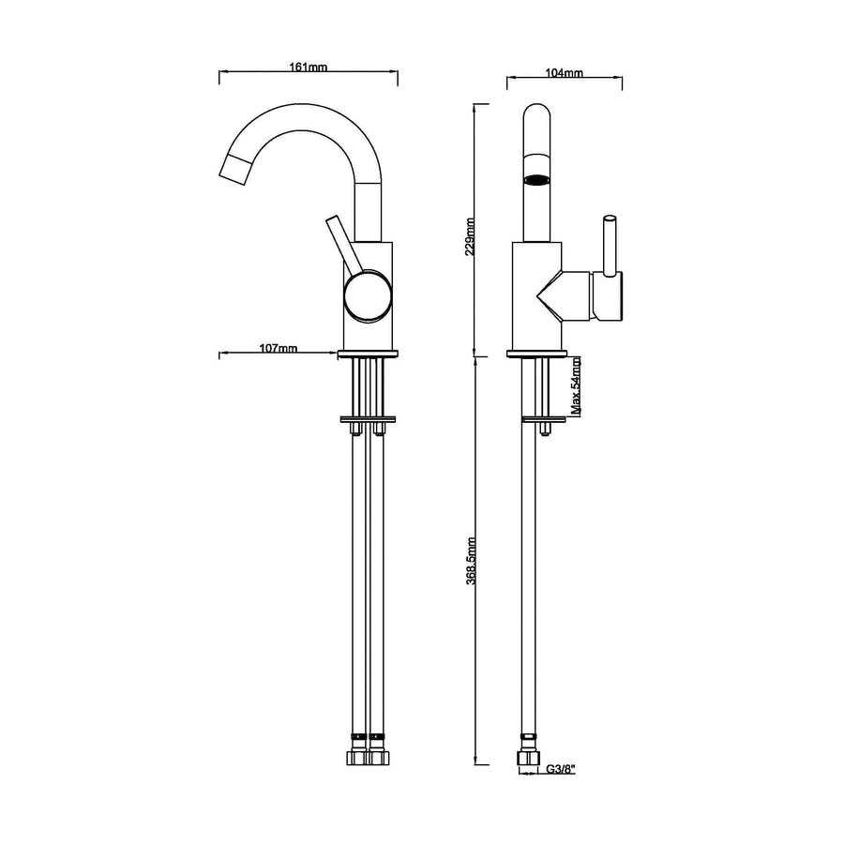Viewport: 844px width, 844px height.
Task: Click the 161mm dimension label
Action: click(x=308, y=68)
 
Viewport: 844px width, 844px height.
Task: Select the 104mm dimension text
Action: click(x=564, y=72)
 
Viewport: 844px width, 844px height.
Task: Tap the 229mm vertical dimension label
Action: click(x=471, y=236)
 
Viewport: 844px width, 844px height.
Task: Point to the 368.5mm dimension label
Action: click(x=471, y=561)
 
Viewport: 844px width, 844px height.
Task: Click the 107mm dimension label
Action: click(x=279, y=348)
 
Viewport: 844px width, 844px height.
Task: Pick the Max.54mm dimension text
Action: click(x=576, y=387)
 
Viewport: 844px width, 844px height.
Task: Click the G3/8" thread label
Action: click(x=561, y=769)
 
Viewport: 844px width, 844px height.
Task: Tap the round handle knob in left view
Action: click(x=369, y=297)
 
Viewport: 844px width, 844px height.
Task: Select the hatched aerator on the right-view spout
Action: click(x=537, y=180)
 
